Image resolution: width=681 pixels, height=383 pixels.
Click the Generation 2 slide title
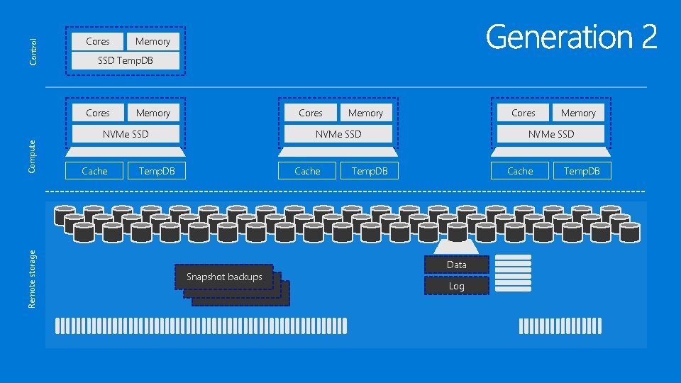(572, 37)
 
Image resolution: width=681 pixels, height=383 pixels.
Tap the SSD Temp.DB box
(126, 61)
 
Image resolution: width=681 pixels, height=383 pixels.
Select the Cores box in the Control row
(98, 41)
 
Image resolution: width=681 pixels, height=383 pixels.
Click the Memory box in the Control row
(153, 41)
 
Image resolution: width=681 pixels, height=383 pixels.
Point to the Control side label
(33, 52)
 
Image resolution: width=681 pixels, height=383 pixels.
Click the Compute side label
(33, 155)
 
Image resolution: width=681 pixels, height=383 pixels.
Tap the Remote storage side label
(33, 277)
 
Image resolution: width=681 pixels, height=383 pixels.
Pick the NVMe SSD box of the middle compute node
(338, 134)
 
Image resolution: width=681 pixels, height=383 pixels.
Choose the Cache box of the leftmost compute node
(94, 171)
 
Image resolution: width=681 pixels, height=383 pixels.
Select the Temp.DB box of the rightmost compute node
(582, 171)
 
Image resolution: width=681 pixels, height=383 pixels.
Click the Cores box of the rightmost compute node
(524, 113)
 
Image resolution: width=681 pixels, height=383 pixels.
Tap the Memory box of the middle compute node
(366, 113)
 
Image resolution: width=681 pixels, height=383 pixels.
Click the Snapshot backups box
(224, 277)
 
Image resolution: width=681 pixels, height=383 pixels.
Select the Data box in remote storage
(457, 265)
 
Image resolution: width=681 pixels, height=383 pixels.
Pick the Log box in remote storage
(457, 286)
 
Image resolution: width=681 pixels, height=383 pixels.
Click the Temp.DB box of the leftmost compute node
(156, 171)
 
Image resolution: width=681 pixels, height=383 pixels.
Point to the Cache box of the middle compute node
(307, 171)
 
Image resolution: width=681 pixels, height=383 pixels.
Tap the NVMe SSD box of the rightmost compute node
(551, 134)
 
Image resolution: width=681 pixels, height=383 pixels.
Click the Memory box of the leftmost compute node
(153, 113)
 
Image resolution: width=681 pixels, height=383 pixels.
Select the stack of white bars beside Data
(513, 274)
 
